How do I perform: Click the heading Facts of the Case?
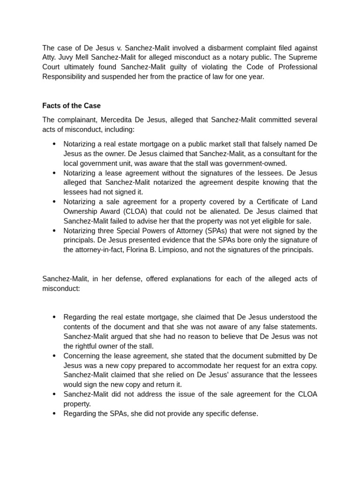click(x=71, y=105)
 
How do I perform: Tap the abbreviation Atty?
click(x=50, y=57)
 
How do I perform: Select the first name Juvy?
click(x=68, y=57)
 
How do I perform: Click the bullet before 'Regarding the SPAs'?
click(x=54, y=413)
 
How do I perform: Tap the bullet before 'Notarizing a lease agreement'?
click(x=54, y=172)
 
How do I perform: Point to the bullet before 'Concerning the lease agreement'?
click(x=54, y=356)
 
